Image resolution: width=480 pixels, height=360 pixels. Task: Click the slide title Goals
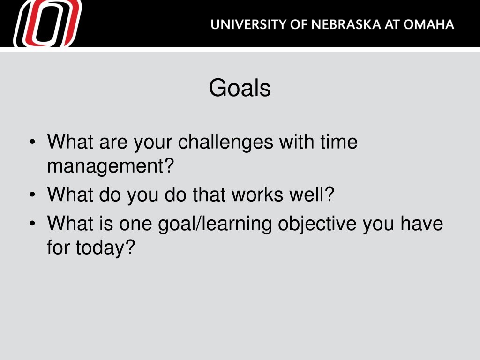[x=240, y=88]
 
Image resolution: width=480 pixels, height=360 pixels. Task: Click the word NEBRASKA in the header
[x=346, y=24]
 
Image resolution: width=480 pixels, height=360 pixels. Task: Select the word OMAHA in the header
[x=428, y=24]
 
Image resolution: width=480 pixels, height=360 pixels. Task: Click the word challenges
[x=225, y=142]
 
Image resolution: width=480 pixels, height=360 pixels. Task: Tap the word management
[x=106, y=166]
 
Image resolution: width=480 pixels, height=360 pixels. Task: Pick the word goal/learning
[x=215, y=224]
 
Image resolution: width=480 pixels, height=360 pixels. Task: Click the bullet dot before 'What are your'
[x=32, y=142]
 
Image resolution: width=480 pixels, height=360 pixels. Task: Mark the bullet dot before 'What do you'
[x=32, y=195]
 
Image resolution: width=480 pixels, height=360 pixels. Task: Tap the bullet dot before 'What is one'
[x=32, y=224]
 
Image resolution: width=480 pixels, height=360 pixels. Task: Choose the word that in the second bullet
[x=209, y=195]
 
